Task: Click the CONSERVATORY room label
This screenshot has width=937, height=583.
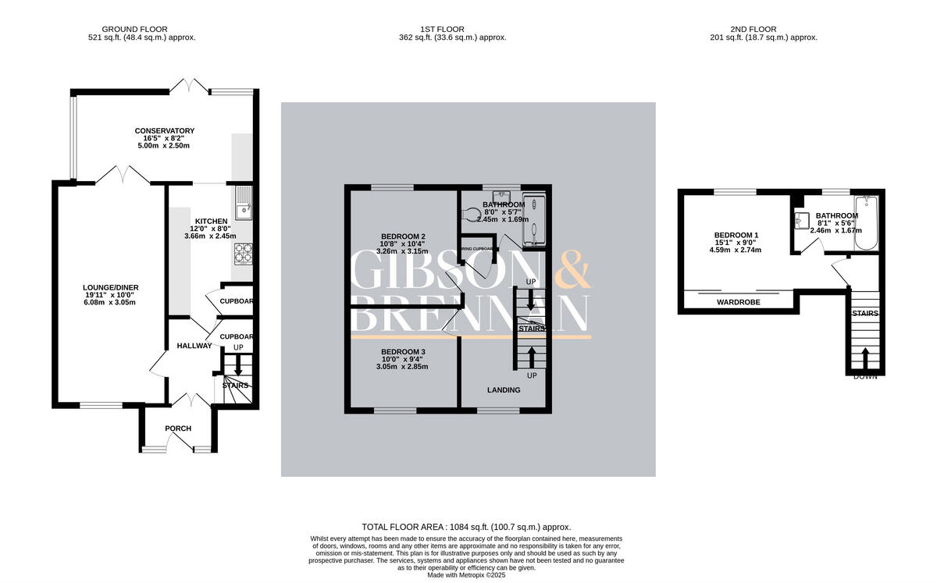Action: point(164,130)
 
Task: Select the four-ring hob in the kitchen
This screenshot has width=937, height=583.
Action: point(243,253)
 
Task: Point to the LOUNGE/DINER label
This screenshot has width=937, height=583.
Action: point(111,287)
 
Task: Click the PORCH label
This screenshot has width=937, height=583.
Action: point(178,428)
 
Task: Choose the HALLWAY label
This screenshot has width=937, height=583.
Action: point(194,346)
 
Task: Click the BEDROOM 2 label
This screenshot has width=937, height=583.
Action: point(403,236)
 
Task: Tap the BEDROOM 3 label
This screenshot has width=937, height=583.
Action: point(403,352)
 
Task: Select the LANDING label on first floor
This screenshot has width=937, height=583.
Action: point(504,389)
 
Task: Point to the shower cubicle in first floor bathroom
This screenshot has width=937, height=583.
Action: point(534,220)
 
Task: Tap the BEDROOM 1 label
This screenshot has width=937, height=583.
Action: point(736,235)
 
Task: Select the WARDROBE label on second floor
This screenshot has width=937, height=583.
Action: point(739,301)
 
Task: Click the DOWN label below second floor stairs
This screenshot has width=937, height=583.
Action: point(864,376)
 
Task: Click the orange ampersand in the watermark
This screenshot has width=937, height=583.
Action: point(572,271)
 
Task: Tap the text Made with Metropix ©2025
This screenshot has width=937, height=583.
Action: point(466,575)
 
